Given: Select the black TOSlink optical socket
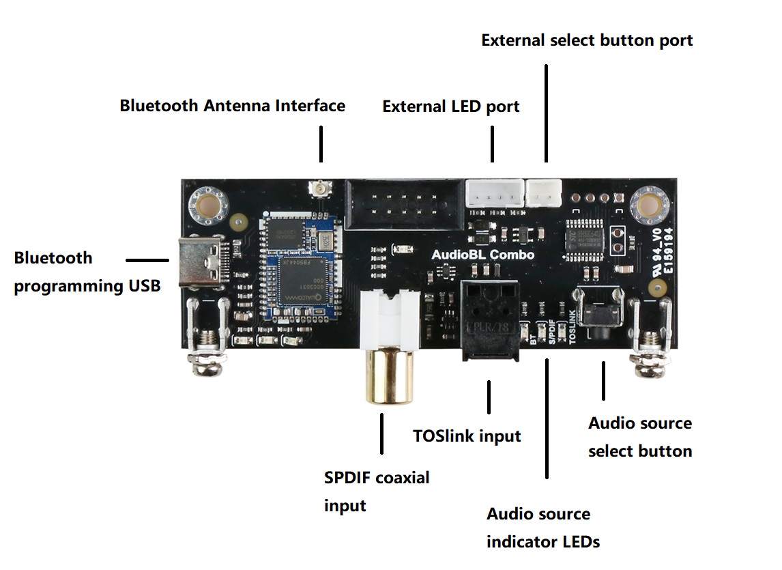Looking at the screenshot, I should pyautogui.click(x=490, y=319).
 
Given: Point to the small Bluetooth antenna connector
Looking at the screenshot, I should pyautogui.click(x=318, y=187).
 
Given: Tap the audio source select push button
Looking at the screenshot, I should pyautogui.click(x=600, y=314).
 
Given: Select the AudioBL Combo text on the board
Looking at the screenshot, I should pyautogui.click(x=483, y=255).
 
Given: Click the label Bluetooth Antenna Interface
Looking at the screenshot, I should pyautogui.click(x=232, y=106).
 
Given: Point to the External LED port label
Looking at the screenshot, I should pyautogui.click(x=450, y=106).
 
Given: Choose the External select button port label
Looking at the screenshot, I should pyautogui.click(x=587, y=40).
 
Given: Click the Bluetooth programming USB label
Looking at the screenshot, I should pyautogui.click(x=87, y=272).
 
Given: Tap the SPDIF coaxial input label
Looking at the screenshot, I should pyautogui.click(x=377, y=491).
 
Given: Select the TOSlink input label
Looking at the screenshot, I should pyautogui.click(x=467, y=436).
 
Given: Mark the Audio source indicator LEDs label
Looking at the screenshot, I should pyautogui.click(x=542, y=528).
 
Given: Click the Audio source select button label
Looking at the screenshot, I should pyautogui.click(x=640, y=437).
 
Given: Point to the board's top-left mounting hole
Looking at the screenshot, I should pyautogui.click(x=207, y=203).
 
